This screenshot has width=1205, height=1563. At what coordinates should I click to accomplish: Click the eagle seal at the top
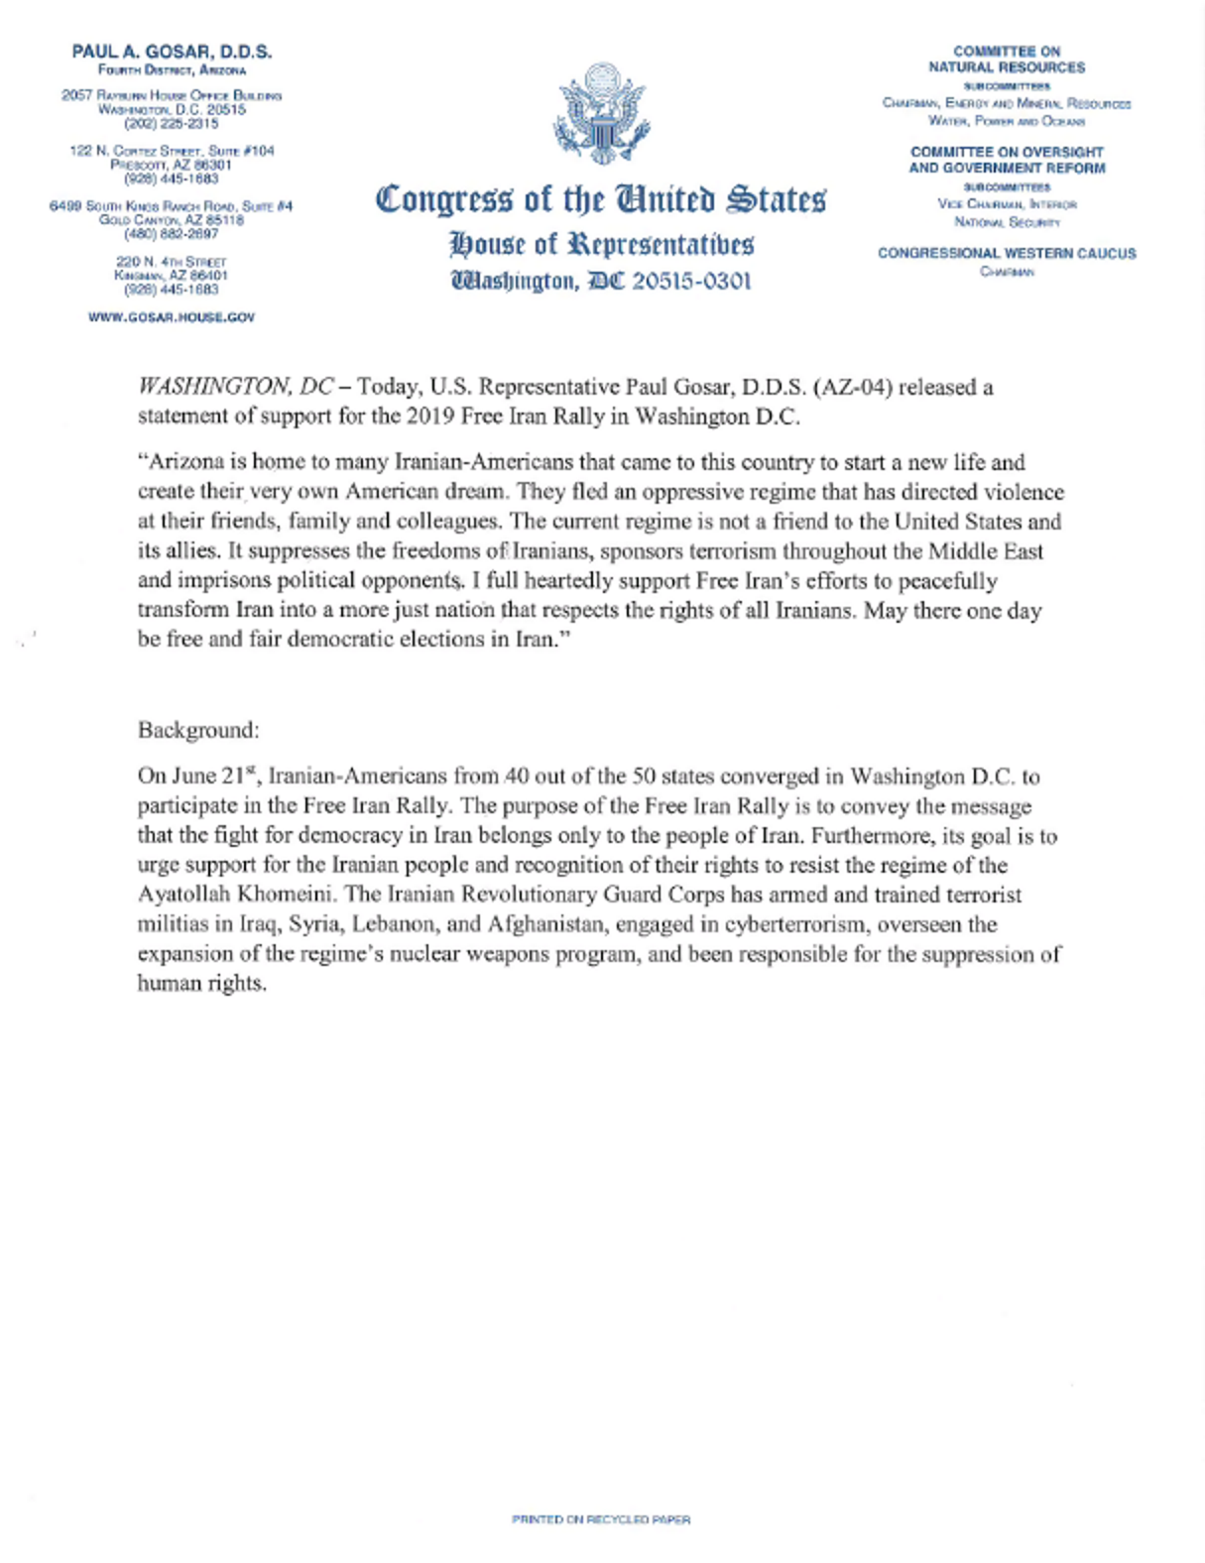601,112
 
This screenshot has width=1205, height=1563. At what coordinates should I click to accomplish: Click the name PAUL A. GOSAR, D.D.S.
172,52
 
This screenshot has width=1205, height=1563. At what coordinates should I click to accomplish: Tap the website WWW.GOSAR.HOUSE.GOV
172,317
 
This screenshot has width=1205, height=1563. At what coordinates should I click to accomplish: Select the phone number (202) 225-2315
172,124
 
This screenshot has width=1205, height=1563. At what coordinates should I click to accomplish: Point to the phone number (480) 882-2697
172,234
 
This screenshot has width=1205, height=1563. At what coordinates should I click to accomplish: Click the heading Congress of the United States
601,199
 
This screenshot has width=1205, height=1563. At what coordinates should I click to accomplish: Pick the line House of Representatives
601,243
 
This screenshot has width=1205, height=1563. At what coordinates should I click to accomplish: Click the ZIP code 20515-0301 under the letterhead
691,281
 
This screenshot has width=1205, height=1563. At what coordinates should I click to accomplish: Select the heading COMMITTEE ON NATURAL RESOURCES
1007,60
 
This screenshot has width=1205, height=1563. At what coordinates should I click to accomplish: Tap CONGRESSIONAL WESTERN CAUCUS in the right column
1007,254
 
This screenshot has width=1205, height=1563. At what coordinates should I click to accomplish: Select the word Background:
198,730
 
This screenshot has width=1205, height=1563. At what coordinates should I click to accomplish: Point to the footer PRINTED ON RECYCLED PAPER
601,1519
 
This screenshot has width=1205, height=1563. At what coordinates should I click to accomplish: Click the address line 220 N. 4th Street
172,262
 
